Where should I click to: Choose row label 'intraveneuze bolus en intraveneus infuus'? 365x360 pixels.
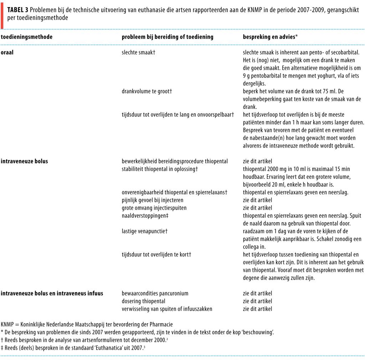(52, 293)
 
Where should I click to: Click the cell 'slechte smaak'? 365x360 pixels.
(139, 52)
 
